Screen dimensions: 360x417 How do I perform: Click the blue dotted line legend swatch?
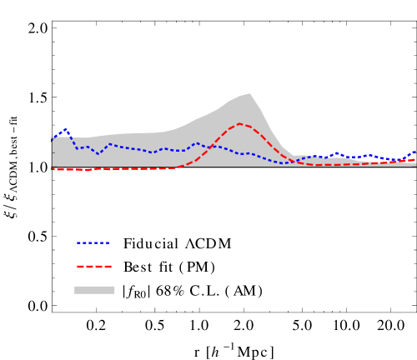pos(93,242)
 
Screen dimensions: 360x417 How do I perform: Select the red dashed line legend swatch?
pos(93,267)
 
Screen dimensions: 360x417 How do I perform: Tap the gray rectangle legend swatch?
pos(94,290)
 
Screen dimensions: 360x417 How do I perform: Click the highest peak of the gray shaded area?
pos(250,92)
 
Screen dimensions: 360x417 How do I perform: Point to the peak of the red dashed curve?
pos(240,124)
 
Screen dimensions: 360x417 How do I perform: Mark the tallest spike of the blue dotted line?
pos(66,129)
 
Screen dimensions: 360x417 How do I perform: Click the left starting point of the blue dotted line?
pos(53,142)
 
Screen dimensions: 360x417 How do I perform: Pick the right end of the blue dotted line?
pos(414,152)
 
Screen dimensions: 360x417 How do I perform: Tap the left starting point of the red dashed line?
pos(53,169)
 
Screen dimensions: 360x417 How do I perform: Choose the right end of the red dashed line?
pos(414,158)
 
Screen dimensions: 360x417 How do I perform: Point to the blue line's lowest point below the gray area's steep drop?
pos(284,163)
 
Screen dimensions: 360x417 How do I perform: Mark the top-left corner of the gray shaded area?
pos(53,137)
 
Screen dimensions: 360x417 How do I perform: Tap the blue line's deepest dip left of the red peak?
pos(98,154)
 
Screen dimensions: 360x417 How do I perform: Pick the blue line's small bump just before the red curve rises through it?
pos(196,143)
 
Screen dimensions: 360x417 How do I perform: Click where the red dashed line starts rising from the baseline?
pos(175,167)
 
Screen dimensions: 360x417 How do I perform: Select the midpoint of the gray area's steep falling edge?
pos(270,127)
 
